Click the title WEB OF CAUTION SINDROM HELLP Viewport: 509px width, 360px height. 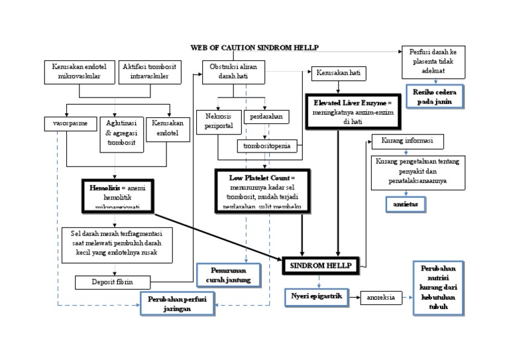click(x=254, y=48)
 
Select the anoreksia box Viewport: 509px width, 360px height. click(x=381, y=298)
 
